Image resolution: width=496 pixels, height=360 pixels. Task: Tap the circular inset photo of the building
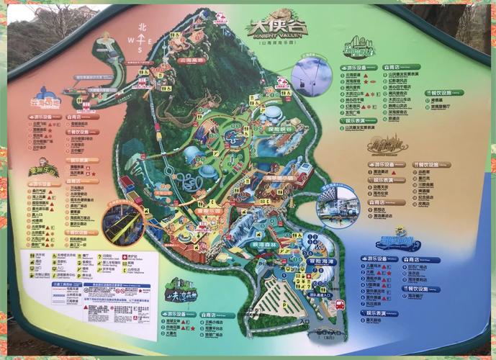(338, 204)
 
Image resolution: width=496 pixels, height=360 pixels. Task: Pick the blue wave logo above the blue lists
(400, 243)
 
